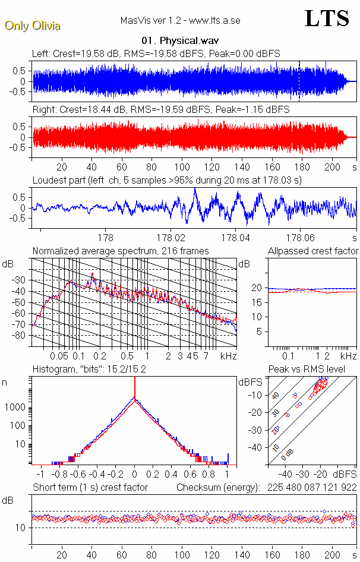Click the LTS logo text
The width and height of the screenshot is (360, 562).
coord(327,18)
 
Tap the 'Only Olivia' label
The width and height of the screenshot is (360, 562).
coord(32,26)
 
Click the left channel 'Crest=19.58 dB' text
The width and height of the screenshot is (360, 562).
coord(85,54)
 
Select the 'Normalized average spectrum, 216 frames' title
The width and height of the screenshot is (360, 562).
coord(121,251)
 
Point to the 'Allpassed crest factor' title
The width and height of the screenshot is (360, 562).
coord(313,251)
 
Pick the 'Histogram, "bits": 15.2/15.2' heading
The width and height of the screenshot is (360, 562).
coord(89,370)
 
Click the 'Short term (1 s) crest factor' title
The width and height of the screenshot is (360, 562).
coord(90,488)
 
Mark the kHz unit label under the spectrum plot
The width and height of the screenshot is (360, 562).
coord(228,356)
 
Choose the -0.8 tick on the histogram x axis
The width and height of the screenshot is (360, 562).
coord(58,475)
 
